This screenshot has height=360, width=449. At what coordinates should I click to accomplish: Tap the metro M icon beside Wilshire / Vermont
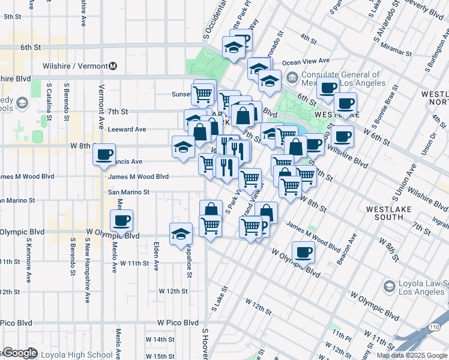tap(113, 66)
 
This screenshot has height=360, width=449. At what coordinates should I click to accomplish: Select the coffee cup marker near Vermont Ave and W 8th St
tap(104, 155)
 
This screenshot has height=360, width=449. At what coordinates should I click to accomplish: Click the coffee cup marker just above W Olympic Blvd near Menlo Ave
tap(122, 221)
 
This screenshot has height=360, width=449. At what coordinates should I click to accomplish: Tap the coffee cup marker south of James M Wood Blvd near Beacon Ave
tap(304, 253)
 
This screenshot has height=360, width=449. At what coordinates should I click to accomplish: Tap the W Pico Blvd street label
tap(178, 322)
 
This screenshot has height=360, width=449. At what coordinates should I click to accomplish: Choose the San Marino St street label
tap(128, 193)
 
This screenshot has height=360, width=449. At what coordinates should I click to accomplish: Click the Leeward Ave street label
tap(127, 129)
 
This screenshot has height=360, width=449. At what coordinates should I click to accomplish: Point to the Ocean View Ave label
tap(306, 61)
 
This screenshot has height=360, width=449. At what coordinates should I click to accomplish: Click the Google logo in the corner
tap(20, 353)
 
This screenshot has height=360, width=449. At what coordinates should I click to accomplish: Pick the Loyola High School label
tap(76, 355)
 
